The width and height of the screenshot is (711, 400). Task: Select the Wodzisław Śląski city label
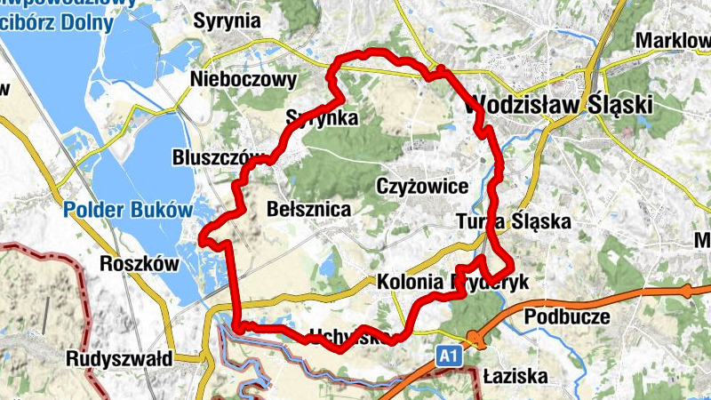coord(558,104)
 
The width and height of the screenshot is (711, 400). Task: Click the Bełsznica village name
coord(308,209)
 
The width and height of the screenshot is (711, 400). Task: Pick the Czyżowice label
coord(422,188)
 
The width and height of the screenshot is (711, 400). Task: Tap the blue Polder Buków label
coord(128,211)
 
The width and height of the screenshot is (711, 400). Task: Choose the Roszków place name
coord(140,264)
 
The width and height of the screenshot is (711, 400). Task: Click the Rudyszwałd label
coord(119,359)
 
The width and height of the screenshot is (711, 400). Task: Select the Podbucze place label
coord(567,316)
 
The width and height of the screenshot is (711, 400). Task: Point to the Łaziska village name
coord(515,377)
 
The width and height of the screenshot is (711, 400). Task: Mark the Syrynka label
coord(322,118)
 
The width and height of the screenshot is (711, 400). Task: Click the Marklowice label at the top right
coord(673,42)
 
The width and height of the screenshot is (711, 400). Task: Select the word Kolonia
coord(410,282)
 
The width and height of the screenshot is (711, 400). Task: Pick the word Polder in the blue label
coord(92,211)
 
